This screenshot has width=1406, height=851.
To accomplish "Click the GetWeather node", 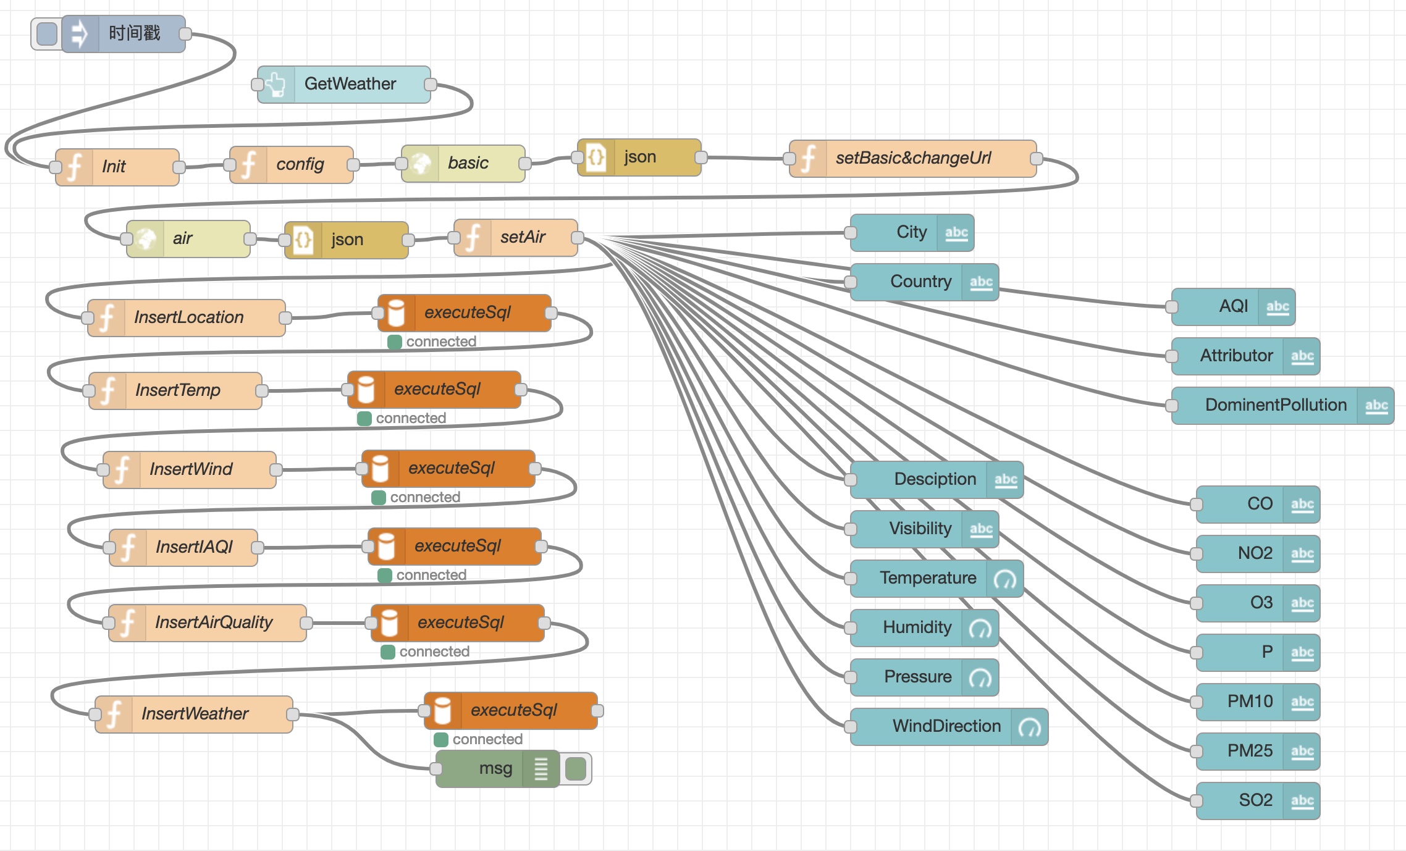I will point(350,84).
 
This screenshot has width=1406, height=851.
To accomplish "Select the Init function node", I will point(124,167).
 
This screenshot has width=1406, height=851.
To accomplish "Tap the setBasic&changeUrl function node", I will point(913,159).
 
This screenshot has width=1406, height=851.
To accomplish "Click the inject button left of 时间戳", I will point(47,33).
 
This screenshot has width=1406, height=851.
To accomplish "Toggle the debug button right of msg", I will point(576,769).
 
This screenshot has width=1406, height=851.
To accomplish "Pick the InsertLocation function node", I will point(188,318).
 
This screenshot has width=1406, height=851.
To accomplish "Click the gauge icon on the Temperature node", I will point(1004,579).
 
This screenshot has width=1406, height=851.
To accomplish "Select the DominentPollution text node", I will point(1275,406).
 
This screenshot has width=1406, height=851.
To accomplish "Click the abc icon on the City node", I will point(956,233).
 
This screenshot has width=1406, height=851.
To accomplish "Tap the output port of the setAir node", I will point(578,238).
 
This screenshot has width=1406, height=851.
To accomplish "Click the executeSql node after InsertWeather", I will point(513,711).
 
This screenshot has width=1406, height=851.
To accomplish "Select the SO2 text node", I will point(1255,801).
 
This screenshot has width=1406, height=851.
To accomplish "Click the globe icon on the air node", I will point(146,239).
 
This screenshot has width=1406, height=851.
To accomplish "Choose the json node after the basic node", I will point(639,157).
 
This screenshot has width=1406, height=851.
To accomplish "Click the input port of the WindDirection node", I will point(851,727).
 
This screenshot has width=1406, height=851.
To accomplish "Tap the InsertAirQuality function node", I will point(213,623).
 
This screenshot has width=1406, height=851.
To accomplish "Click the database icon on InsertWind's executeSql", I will point(380,469).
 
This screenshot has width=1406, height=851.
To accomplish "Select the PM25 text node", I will point(1249,752).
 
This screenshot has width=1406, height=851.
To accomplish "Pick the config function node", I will point(300,165).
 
